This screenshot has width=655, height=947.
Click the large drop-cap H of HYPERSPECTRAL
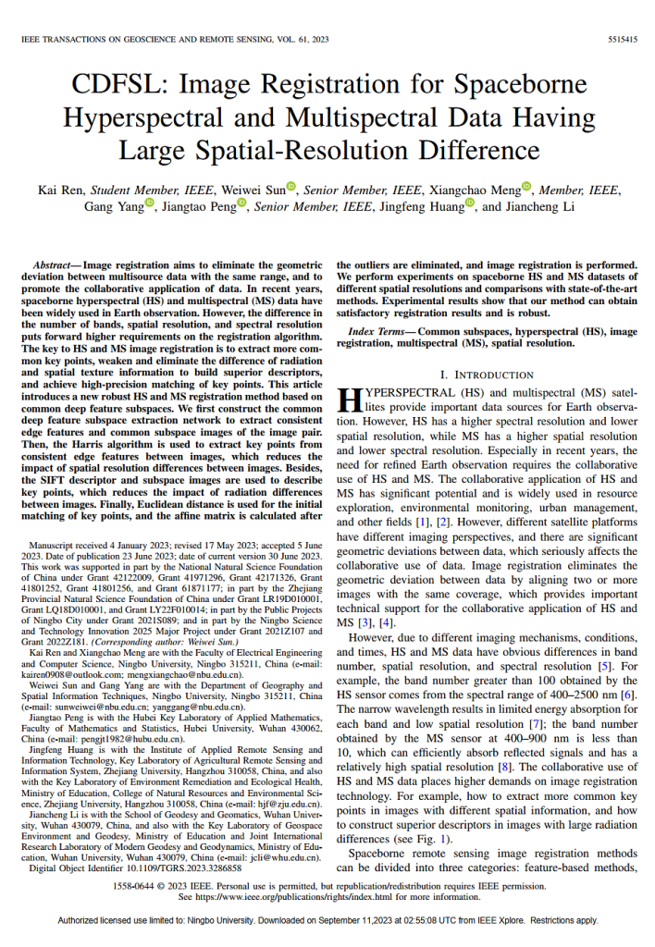(x=347, y=399)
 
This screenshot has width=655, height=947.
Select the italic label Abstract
(x=55, y=264)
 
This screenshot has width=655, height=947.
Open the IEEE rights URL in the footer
(x=300, y=896)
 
